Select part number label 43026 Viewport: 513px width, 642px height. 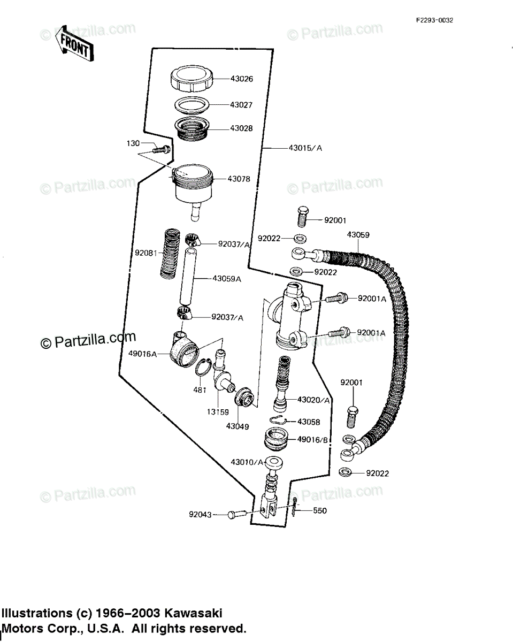click(x=242, y=79)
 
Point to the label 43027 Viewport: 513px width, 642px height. click(x=241, y=105)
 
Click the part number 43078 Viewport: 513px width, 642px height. click(x=239, y=179)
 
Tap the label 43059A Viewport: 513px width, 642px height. click(x=227, y=278)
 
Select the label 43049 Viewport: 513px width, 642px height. click(x=237, y=426)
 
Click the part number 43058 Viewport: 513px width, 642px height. click(x=309, y=422)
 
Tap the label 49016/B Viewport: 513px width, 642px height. click(x=312, y=440)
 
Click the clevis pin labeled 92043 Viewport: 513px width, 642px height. click(x=236, y=515)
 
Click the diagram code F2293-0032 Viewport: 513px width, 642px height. click(x=435, y=20)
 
